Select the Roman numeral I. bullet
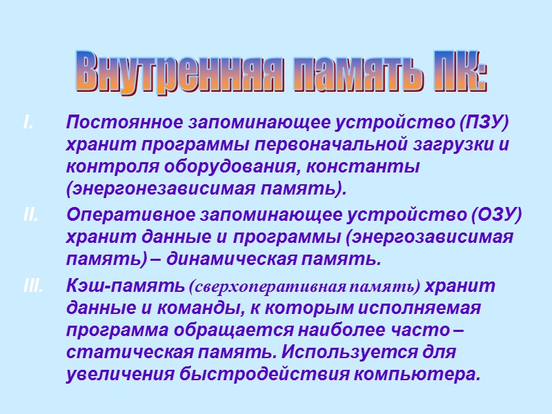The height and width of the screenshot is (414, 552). (28, 124)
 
